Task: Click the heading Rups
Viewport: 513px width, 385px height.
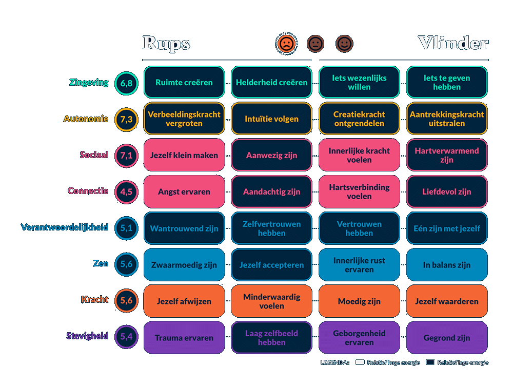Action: point(166,44)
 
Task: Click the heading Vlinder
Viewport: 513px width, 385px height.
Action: point(452,43)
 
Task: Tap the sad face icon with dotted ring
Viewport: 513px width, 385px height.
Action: point(286,44)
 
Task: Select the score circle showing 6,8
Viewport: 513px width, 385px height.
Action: point(126,83)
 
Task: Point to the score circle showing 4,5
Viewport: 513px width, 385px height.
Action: point(126,192)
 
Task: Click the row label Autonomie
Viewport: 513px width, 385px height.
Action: point(86,119)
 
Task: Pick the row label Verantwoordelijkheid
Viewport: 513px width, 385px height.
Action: point(65,227)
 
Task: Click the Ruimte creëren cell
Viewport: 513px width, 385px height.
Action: point(184,82)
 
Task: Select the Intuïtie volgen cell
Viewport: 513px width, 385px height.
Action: point(271,119)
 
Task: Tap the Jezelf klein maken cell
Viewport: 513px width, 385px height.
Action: point(184,155)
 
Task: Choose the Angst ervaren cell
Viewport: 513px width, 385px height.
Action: point(184,191)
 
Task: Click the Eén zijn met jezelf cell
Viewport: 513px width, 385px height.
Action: point(447,228)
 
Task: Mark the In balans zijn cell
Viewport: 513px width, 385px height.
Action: point(447,265)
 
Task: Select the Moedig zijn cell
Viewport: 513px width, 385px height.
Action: point(359,301)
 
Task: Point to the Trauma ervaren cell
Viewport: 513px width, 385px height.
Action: point(184,338)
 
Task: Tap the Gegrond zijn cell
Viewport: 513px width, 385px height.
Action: point(447,338)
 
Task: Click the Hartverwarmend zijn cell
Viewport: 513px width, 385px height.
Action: point(447,155)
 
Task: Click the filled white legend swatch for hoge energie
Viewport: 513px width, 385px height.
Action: point(360,362)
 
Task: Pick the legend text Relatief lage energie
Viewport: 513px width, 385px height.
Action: point(463,362)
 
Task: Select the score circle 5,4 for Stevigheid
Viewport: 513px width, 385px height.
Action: point(126,337)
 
